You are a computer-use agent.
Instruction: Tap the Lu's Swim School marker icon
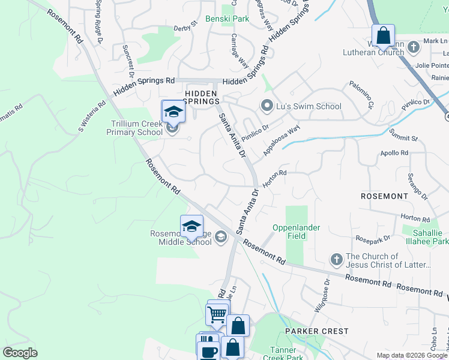click(x=267, y=106)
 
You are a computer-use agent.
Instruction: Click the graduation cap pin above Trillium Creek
click(x=173, y=112)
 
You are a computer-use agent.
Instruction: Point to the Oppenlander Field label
click(x=297, y=232)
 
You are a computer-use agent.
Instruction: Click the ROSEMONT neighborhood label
click(x=384, y=196)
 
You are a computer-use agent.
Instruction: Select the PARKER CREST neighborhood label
click(x=316, y=331)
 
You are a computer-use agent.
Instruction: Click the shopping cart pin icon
click(x=216, y=313)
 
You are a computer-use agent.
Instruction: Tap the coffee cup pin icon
click(x=209, y=351)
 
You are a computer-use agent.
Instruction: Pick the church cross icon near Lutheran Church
click(x=413, y=47)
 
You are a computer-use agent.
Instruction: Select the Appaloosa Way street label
click(x=281, y=140)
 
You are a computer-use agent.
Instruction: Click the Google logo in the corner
click(x=20, y=353)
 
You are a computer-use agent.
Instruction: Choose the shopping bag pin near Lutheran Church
click(x=383, y=35)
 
